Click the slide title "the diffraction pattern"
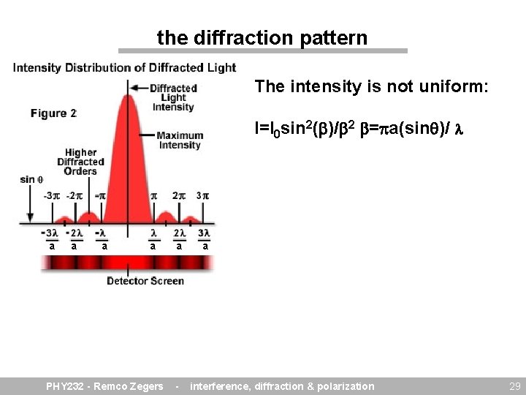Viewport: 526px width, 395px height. tap(262, 37)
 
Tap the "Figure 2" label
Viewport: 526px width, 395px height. tap(53, 113)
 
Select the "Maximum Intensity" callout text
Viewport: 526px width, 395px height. tap(179, 140)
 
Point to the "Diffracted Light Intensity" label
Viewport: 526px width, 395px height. tap(173, 97)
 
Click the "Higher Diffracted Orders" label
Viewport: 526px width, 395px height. tap(80, 162)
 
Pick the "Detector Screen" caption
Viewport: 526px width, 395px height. tap(145, 281)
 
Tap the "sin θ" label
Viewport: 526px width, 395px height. tap(31, 179)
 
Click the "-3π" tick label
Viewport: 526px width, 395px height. tap(51, 196)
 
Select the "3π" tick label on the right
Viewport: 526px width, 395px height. tap(202, 196)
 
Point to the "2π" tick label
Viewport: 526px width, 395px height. tap(178, 196)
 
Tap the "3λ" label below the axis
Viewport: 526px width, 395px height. tap(205, 233)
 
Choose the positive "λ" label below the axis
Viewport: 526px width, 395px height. tap(153, 233)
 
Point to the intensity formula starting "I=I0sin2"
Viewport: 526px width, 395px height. tap(314, 130)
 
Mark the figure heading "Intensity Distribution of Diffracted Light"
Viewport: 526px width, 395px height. tap(125, 68)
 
